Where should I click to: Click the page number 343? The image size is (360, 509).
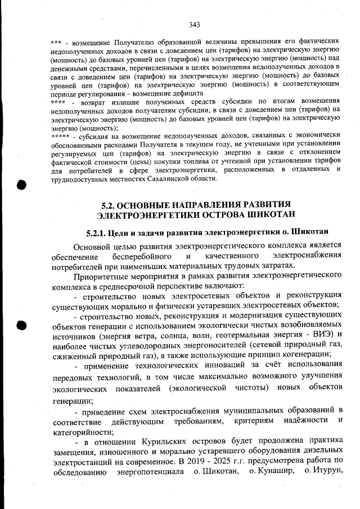[x=195, y=24]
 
